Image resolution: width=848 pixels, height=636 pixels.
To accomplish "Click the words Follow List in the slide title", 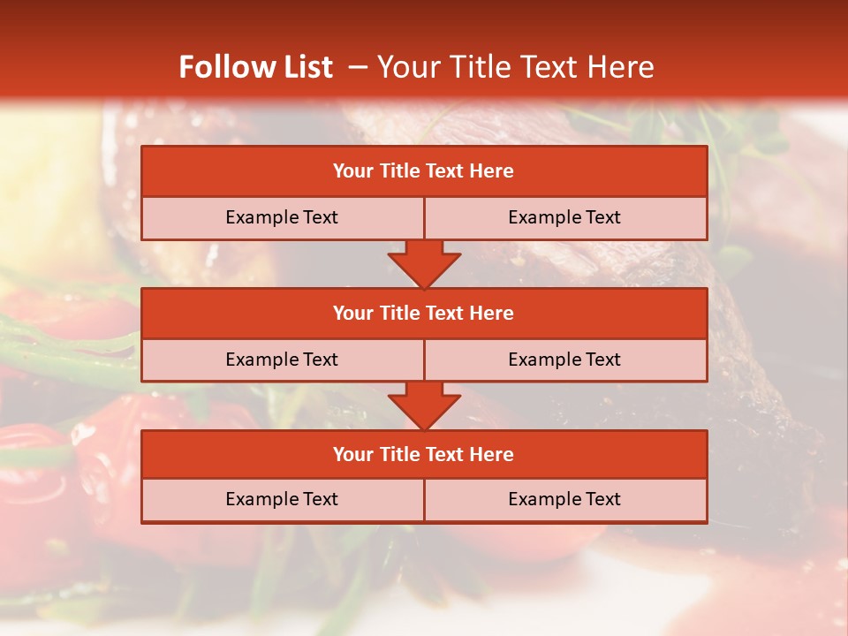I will pyautogui.click(x=255, y=67).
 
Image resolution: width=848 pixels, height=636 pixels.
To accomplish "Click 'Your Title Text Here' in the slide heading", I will pyautogui.click(x=515, y=67).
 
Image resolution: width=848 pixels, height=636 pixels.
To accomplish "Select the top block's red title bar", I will pyautogui.click(x=424, y=171).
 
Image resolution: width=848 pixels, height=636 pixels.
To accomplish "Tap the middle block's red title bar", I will pyautogui.click(x=424, y=313).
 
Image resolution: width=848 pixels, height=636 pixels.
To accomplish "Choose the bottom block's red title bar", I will pyautogui.click(x=424, y=454).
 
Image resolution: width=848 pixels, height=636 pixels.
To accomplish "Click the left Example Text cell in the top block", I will pyautogui.click(x=282, y=217).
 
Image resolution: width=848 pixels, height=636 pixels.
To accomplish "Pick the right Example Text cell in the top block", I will pyautogui.click(x=564, y=217).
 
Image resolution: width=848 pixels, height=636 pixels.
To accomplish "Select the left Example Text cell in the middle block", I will pyautogui.click(x=282, y=360).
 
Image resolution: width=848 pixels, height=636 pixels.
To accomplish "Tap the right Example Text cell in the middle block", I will pyautogui.click(x=564, y=360).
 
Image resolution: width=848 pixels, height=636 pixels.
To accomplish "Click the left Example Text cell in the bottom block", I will pyautogui.click(x=282, y=499).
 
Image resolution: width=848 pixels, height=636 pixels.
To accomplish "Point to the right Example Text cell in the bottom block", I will pyautogui.click(x=564, y=499).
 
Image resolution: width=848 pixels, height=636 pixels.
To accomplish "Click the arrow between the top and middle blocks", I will pyautogui.click(x=424, y=265).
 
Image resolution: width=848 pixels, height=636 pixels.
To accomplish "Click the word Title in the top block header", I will pyautogui.click(x=397, y=171).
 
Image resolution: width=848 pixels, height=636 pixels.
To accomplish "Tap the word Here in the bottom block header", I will pyautogui.click(x=492, y=454).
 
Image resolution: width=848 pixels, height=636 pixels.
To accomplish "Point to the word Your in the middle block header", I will pyautogui.click(x=352, y=313).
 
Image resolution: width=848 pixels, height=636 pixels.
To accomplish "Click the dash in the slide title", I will pyautogui.click(x=358, y=67).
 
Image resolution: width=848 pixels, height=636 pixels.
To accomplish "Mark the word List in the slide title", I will pyautogui.click(x=307, y=67).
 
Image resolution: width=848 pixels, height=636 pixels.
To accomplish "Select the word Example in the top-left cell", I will pyautogui.click(x=261, y=217).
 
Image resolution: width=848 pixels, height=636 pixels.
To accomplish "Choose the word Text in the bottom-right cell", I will pyautogui.click(x=602, y=499).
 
